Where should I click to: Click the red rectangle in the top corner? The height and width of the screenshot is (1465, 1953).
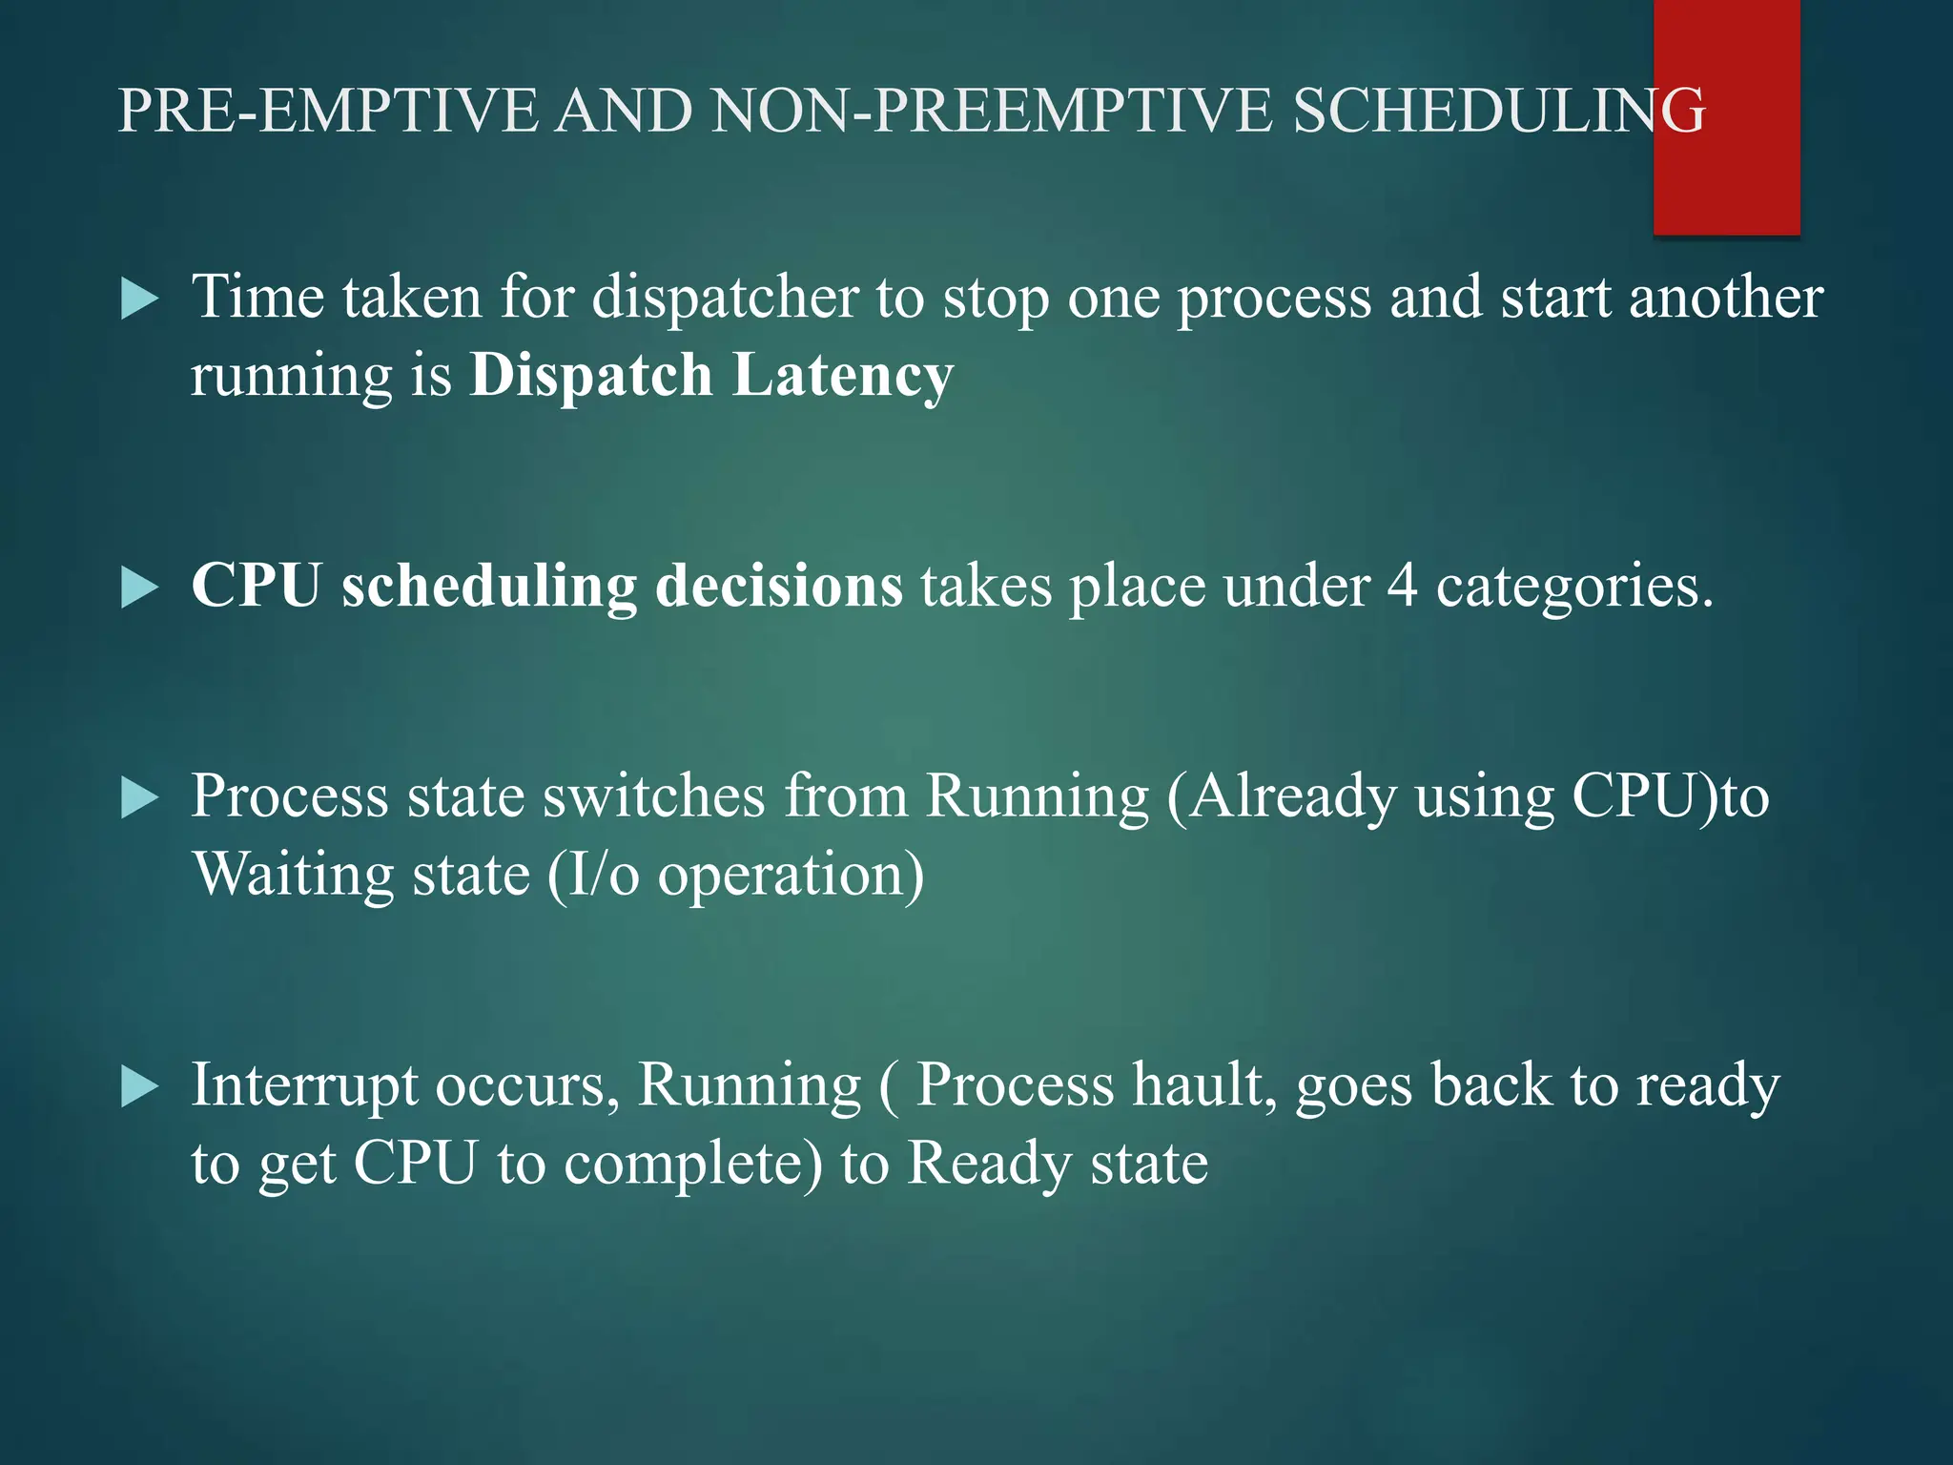[1726, 116]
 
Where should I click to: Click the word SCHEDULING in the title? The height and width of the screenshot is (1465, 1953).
[1497, 111]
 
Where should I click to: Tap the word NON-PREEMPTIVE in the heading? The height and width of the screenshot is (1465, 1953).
[992, 111]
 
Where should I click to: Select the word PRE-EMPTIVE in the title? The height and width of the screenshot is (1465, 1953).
[329, 111]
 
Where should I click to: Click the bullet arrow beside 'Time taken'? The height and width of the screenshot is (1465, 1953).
[139, 299]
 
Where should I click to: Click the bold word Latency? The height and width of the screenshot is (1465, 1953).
[843, 375]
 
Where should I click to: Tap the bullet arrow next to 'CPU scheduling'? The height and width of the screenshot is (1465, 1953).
[139, 588]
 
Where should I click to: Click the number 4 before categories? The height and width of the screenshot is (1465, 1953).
[1401, 586]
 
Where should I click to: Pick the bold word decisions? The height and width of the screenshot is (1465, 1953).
[779, 586]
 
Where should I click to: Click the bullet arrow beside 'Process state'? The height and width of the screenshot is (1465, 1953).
[139, 798]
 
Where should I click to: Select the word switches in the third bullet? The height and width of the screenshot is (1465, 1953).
[653, 795]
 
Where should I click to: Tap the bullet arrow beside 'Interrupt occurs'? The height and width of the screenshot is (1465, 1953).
[139, 1087]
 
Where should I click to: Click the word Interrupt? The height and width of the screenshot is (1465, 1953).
[304, 1085]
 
